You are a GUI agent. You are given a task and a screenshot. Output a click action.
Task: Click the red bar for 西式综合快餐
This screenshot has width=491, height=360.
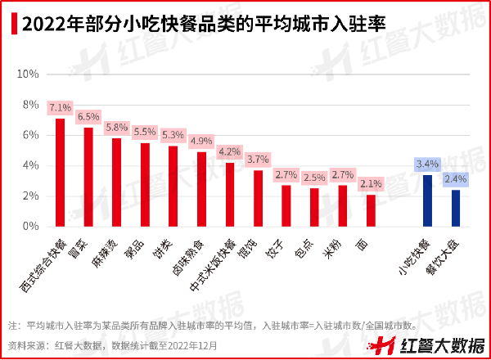pos(60,173)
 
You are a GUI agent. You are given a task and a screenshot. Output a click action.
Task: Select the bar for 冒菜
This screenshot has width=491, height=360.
pos(88,177)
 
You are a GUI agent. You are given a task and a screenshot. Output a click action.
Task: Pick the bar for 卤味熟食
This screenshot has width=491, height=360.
pos(201,189)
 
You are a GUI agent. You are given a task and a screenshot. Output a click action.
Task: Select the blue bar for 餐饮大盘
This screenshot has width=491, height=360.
pos(456,208)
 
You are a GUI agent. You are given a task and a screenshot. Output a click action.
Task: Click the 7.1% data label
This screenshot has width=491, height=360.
pos(60,107)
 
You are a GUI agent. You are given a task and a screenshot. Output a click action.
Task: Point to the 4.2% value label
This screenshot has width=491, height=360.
pos(230,151)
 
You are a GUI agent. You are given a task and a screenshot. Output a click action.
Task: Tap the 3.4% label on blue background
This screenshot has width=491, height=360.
pos(427,164)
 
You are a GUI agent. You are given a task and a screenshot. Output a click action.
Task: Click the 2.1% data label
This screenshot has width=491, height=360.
pos(371,183)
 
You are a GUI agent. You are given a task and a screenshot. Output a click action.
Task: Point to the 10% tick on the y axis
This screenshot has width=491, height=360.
pos(29,74)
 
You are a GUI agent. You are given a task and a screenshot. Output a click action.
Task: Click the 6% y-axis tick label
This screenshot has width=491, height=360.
pos(31,135)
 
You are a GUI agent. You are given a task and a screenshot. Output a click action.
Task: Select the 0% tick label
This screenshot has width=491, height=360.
pos(31,226)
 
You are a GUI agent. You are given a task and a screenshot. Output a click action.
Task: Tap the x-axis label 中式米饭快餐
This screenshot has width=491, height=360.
pos(214,266)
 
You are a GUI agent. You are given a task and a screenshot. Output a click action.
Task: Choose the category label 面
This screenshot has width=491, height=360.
pos(362,243)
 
